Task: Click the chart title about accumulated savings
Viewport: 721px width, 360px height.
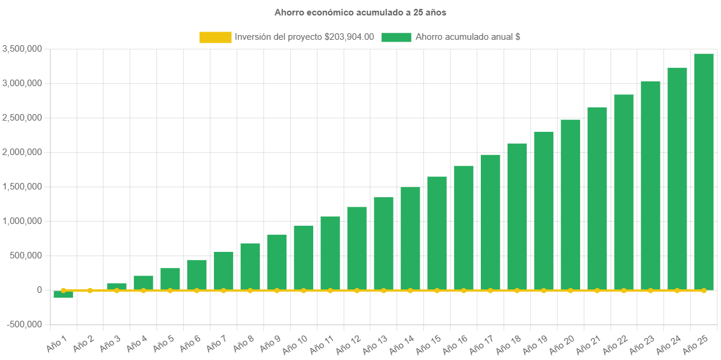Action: pyautogui.click(x=360, y=12)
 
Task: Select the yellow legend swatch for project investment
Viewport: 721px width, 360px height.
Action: pyautogui.click(x=215, y=37)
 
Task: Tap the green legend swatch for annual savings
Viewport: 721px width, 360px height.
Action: pyautogui.click(x=396, y=37)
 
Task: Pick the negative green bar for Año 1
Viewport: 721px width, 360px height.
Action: pyautogui.click(x=63, y=295)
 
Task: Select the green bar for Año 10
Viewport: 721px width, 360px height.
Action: pyautogui.click(x=303, y=258)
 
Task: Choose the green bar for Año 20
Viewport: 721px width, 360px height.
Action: pyautogui.click(x=570, y=204)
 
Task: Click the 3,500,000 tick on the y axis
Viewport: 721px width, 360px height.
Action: pyautogui.click(x=22, y=49)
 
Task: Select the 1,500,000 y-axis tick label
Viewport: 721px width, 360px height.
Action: pyautogui.click(x=22, y=187)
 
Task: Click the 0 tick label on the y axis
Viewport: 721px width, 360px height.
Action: pyautogui.click(x=39, y=290)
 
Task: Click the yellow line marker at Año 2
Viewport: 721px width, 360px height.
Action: pyautogui.click(x=90, y=290)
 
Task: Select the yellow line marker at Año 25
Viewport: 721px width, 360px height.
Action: pyautogui.click(x=704, y=290)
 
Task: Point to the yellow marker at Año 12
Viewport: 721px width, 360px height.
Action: pyautogui.click(x=357, y=290)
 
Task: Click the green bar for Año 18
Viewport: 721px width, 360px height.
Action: pyautogui.click(x=517, y=216)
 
